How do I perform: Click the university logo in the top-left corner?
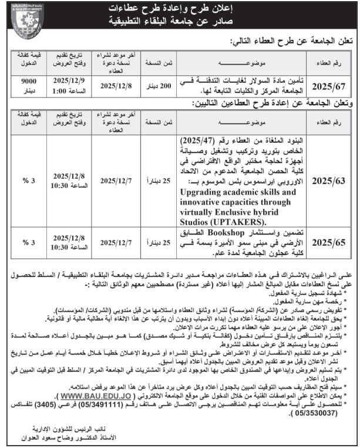coord(25,17)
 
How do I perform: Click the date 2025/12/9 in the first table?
coord(69,81)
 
